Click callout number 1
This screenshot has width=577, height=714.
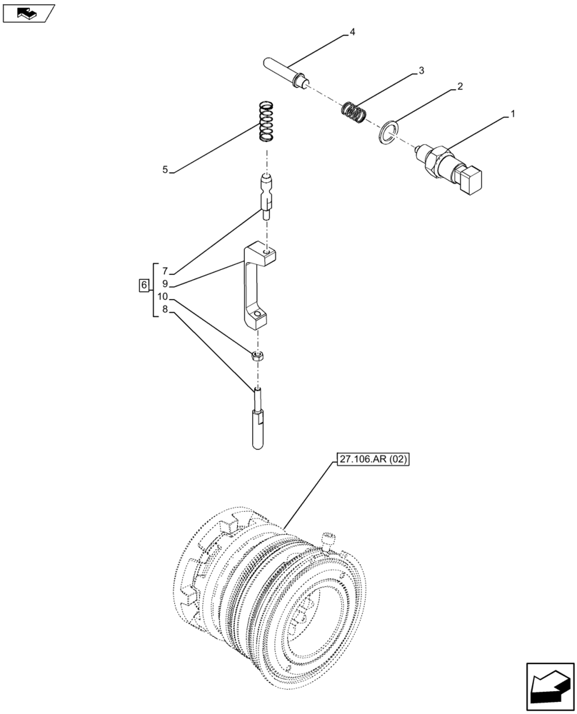[x=511, y=114]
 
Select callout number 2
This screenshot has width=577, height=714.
[x=460, y=86]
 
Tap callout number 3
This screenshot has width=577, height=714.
[x=421, y=70]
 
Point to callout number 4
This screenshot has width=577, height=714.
[x=352, y=32]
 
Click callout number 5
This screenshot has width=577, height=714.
[x=165, y=170]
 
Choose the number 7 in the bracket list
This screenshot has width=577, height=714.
[x=164, y=271]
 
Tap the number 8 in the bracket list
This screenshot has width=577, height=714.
[x=164, y=309]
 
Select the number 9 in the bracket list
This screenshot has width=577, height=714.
[x=164, y=284]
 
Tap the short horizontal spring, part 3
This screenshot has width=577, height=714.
[x=353, y=112]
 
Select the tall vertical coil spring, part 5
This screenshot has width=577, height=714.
[x=266, y=121]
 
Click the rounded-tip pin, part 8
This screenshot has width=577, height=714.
[x=259, y=426]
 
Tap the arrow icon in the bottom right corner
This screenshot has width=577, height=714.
[x=550, y=688]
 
